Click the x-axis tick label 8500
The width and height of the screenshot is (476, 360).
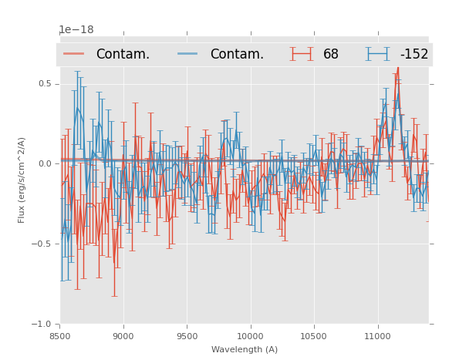60,336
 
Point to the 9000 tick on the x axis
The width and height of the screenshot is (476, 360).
123,336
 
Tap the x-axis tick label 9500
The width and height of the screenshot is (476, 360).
187,336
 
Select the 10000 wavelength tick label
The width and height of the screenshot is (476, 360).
250,336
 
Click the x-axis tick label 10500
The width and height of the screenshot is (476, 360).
314,336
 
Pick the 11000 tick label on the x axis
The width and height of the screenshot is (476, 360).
377,336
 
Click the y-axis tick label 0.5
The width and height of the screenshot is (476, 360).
46,83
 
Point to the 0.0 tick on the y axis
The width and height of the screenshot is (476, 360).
46,163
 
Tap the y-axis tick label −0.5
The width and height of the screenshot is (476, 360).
43,244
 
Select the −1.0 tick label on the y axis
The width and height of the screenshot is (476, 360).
43,324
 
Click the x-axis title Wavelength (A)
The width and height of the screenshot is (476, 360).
245,349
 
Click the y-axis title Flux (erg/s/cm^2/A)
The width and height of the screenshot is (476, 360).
22,180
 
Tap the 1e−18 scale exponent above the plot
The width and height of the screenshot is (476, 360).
76,30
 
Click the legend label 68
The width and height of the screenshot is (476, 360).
330,55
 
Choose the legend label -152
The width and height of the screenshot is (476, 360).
414,55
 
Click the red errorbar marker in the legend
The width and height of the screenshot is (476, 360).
302,54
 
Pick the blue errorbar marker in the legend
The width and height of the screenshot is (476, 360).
378,54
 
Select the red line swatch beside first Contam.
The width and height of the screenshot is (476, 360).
74,54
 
